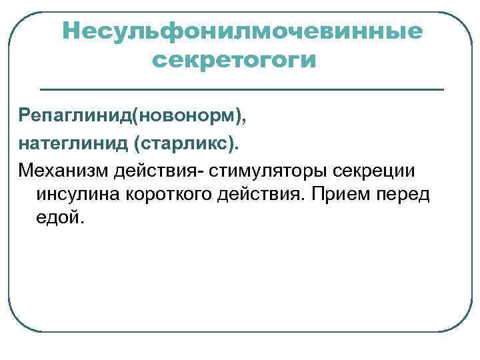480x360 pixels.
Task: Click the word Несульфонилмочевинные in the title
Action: pyautogui.click(x=242, y=31)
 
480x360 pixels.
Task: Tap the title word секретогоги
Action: pyautogui.click(x=233, y=61)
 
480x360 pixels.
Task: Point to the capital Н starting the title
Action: pyautogui.click(x=70, y=31)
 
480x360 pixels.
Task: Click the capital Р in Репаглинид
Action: pyautogui.click(x=24, y=117)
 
